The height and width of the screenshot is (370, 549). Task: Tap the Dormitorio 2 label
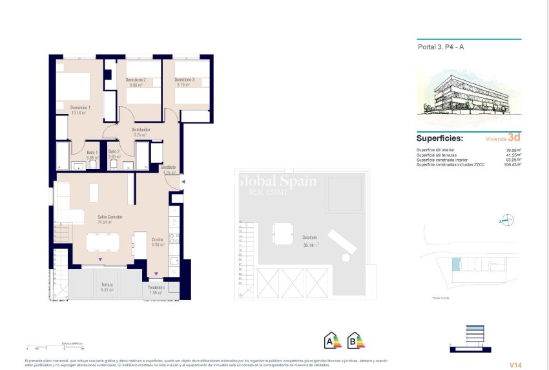point(136,80)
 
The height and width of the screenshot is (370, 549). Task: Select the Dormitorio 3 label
point(184,80)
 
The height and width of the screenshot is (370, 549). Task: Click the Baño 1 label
point(92,151)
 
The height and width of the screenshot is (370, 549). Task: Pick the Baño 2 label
point(114,151)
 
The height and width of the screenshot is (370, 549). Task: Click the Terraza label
point(107,285)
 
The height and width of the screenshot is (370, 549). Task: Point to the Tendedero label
point(156,287)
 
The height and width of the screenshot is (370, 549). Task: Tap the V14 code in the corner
point(514,365)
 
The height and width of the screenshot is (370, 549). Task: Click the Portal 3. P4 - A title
point(441,47)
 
